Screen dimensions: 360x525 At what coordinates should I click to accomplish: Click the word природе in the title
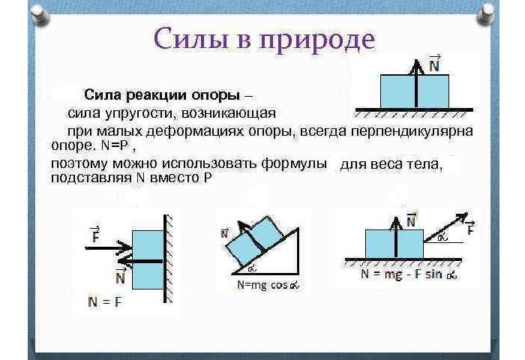pyautogui.click(x=315, y=40)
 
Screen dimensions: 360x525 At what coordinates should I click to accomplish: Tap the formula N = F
pyautogui.click(x=105, y=303)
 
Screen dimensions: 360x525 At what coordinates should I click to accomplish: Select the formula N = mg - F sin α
pyautogui.click(x=408, y=275)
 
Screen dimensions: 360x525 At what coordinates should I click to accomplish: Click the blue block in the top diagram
pyautogui.click(x=415, y=91)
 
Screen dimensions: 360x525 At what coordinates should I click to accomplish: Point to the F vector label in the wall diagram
pyautogui.click(x=94, y=235)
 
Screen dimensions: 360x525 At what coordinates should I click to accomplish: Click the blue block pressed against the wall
pyautogui.click(x=147, y=259)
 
